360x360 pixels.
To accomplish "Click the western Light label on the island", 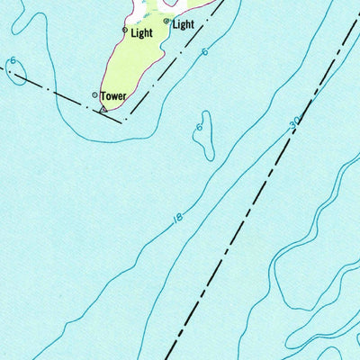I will pos(141,33).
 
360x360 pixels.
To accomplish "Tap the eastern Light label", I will pos(183,24).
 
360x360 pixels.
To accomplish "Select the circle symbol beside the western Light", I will pos(125,30).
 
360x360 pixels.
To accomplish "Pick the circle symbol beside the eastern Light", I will pos(166,21).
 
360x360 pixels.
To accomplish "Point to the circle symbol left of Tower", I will pos(95,94).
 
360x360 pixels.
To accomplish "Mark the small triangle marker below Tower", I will pos(103,110).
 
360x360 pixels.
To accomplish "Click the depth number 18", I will pos(177,219).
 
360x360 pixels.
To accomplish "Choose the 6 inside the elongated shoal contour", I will pos(199,128).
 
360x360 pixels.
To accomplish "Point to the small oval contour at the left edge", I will pos(16,74).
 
